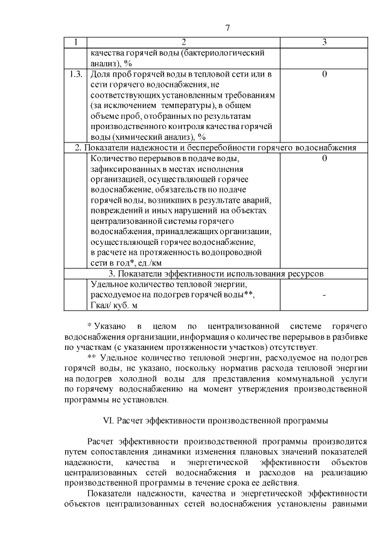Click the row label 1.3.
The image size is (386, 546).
pyautogui.click(x=76, y=74)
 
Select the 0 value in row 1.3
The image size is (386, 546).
pyautogui.click(x=324, y=74)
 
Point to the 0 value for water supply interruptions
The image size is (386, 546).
pyautogui.click(x=324, y=159)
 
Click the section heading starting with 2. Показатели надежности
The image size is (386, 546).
pyautogui.click(x=216, y=148)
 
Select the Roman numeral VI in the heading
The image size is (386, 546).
pyautogui.click(x=110, y=421)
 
